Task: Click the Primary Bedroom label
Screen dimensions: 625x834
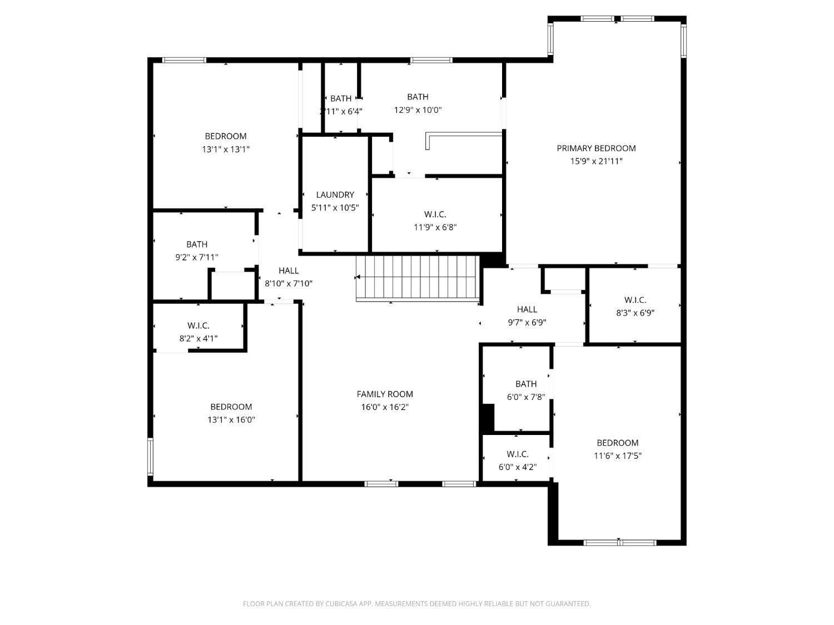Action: pos(596,148)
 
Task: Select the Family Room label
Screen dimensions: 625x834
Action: pos(385,394)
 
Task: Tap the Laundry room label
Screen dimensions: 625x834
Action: pos(335,195)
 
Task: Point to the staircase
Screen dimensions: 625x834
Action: pos(417,277)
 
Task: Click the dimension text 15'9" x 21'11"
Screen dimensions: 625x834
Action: pos(596,162)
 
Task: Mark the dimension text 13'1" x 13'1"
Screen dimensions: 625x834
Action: pos(226,149)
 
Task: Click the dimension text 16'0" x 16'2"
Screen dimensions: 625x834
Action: pos(385,407)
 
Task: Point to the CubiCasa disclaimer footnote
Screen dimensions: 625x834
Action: pos(416,604)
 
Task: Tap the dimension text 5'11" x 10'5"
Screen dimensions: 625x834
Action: pos(335,208)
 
